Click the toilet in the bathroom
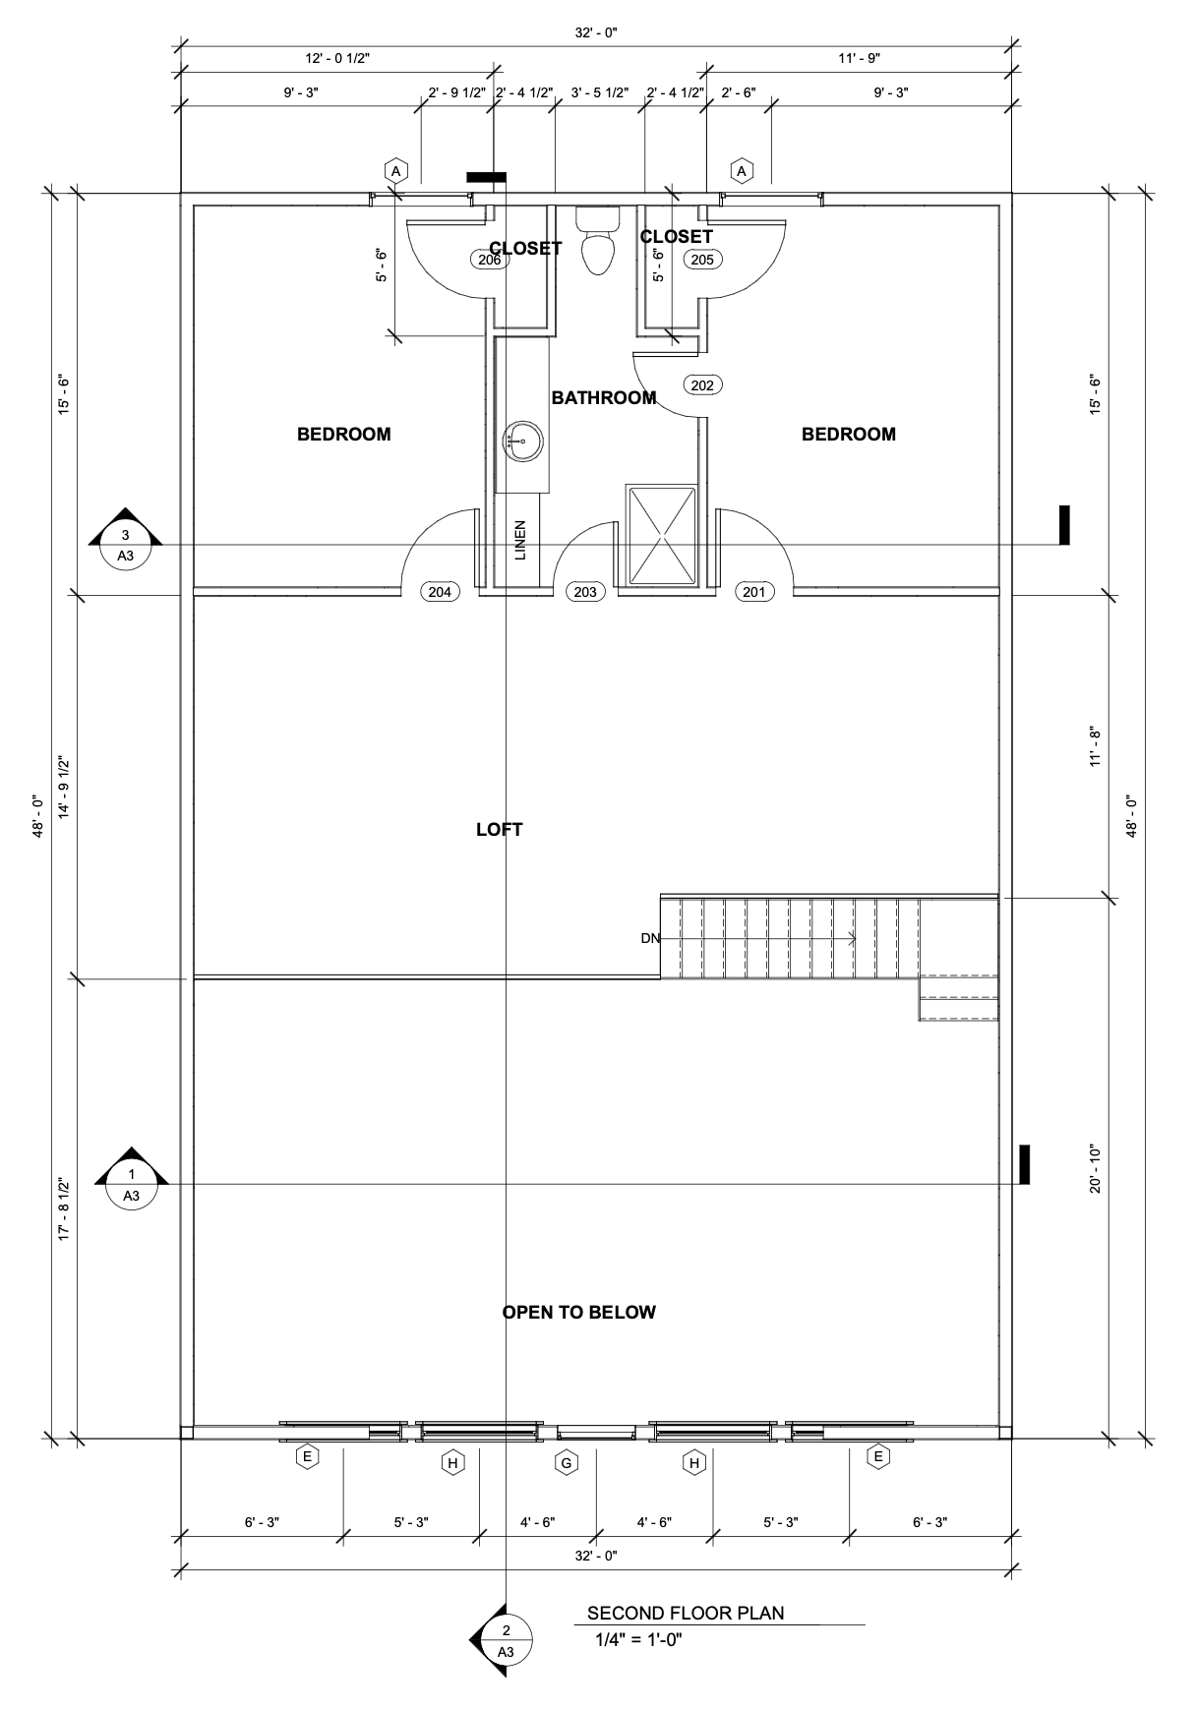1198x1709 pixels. (598, 240)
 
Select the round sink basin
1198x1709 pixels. (522, 441)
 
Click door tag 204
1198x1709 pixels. (440, 592)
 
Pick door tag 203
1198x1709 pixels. (585, 592)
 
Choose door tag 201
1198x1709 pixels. (754, 592)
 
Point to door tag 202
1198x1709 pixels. (702, 385)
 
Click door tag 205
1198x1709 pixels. (702, 260)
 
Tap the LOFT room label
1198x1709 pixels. (500, 830)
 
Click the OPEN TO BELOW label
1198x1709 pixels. (579, 1313)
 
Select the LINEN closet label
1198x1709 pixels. (520, 541)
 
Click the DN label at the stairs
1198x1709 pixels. (650, 938)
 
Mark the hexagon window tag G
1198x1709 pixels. (567, 1463)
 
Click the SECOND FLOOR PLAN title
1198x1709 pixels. (686, 1613)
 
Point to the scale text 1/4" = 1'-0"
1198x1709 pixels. (638, 1639)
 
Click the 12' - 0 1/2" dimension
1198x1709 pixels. (337, 59)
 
